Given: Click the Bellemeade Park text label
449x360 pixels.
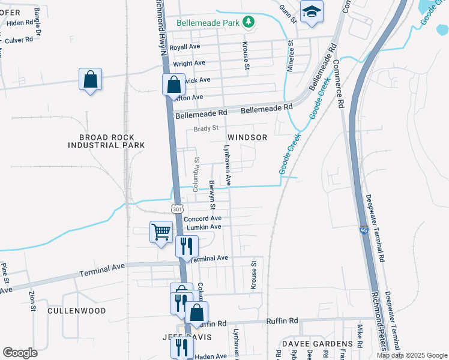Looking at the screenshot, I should pyautogui.click(x=208, y=23).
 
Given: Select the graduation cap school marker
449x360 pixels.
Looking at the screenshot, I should pyautogui.click(x=312, y=12).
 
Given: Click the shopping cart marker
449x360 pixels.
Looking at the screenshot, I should pyautogui.click(x=161, y=232).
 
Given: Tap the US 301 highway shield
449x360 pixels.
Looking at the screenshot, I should pyautogui.click(x=176, y=208).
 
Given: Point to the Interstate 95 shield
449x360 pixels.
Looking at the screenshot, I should pyautogui.click(x=364, y=230).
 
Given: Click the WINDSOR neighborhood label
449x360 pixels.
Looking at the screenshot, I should pyautogui.click(x=247, y=137).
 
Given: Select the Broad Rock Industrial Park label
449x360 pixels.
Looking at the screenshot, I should pyautogui.click(x=106, y=141).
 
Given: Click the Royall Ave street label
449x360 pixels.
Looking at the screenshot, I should pyautogui.click(x=185, y=47).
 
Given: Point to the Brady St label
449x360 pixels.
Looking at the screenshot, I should pyautogui.click(x=205, y=128).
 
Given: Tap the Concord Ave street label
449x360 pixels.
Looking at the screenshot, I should pyautogui.click(x=203, y=218).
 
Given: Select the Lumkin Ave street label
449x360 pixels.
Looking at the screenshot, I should pyautogui.click(x=203, y=227).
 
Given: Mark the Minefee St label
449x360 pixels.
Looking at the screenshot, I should pyautogui.click(x=291, y=56).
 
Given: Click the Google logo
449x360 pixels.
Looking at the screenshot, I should pyautogui.click(x=20, y=353).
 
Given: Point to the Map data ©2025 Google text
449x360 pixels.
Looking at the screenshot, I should pyautogui.click(x=411, y=355).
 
